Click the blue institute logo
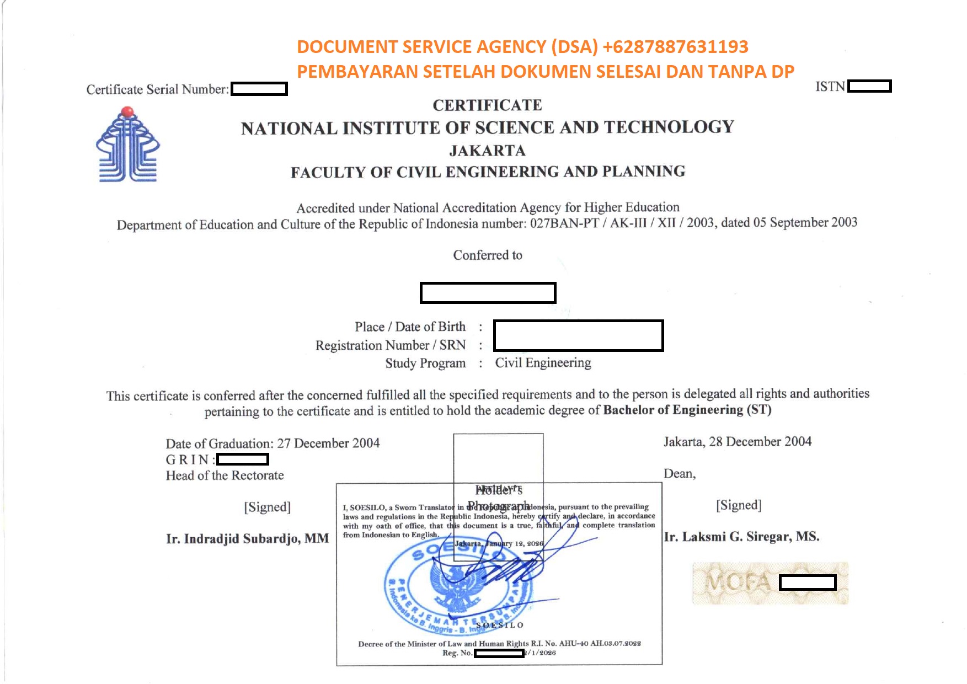(127, 145)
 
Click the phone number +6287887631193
(675, 47)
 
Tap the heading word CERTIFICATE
(487, 105)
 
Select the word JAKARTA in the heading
(487, 150)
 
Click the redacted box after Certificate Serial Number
(259, 89)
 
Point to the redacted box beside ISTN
(869, 86)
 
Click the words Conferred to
(488, 255)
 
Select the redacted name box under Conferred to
(488, 293)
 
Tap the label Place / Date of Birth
(410, 327)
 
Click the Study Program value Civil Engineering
(543, 362)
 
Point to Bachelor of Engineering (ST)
(687, 410)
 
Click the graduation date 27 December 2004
(328, 443)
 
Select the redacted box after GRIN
(243, 459)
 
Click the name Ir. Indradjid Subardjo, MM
(247, 538)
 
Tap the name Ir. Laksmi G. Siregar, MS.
(741, 537)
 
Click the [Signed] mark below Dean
(739, 505)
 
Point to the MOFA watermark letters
(738, 583)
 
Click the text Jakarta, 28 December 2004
(737, 441)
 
